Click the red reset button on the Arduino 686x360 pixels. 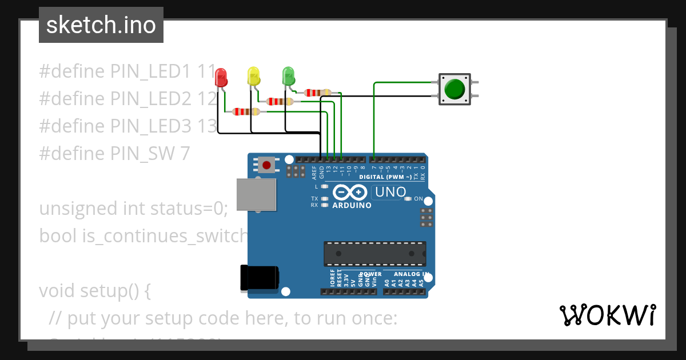point(266,165)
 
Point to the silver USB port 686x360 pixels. point(256,194)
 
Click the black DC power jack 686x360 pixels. point(259,277)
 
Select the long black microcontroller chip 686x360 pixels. point(375,254)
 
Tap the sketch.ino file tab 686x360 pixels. point(101,25)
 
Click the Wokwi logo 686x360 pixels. point(607,315)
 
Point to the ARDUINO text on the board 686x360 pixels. point(352,205)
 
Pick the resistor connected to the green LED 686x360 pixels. point(317,92)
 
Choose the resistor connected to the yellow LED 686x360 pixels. point(281,102)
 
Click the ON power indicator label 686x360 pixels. point(418,199)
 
